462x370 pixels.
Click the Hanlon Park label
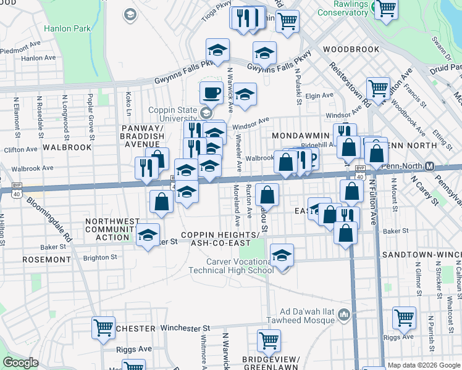pyautogui.click(x=67, y=28)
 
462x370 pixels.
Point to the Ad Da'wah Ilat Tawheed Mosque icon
pyautogui.click(x=345, y=316)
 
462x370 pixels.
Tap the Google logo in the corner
pyautogui.click(x=21, y=363)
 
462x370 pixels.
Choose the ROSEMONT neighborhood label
pyautogui.click(x=46, y=260)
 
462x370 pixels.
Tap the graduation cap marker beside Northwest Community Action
pyautogui.click(x=148, y=235)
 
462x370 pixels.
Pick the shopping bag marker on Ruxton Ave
pyautogui.click(x=267, y=195)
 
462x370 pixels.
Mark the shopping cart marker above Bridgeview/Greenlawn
pyautogui.click(x=269, y=340)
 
